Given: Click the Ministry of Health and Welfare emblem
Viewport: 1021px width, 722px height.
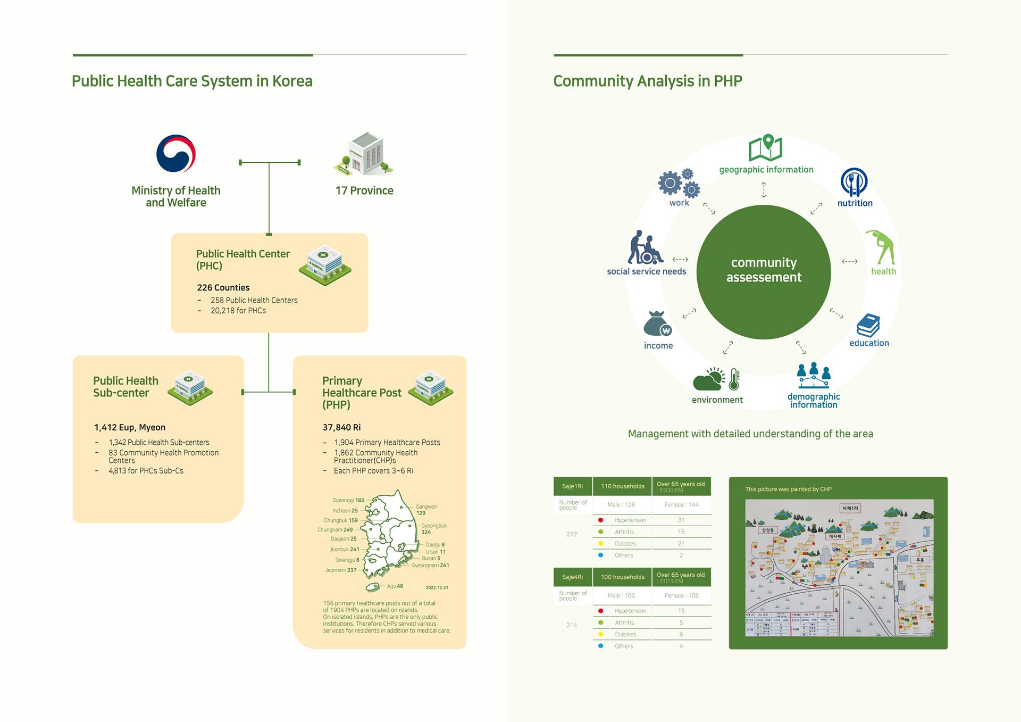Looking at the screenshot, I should click(x=176, y=154).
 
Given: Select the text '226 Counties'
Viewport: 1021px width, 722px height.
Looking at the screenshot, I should click(x=223, y=288).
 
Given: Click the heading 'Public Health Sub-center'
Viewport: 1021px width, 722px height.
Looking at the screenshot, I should click(x=125, y=387).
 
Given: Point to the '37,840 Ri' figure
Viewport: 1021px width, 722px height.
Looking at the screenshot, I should click(x=341, y=427).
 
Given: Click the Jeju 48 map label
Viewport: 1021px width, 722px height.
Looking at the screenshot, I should click(x=395, y=586).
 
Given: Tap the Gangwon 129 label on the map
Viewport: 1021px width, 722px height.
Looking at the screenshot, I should click(x=426, y=510).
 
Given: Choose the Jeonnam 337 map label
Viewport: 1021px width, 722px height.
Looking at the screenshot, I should click(x=341, y=570).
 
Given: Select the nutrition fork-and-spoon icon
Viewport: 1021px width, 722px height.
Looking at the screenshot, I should click(x=854, y=182).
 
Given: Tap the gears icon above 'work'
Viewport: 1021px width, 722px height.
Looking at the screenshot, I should click(x=679, y=184).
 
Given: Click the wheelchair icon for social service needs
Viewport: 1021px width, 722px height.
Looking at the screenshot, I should click(x=646, y=248).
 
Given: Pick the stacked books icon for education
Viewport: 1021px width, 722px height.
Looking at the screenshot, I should click(x=868, y=325).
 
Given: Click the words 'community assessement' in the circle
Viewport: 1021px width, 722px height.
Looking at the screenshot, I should click(x=764, y=270).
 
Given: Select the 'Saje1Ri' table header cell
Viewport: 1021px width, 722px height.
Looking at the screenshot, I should click(x=572, y=486).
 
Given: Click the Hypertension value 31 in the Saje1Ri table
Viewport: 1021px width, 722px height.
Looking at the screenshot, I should click(x=681, y=520).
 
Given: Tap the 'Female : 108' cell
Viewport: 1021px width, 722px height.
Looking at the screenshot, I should click(x=681, y=596).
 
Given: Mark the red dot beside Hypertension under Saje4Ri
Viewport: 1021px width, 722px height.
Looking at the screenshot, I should click(x=600, y=611).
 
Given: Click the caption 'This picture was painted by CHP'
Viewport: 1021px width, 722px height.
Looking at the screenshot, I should click(x=788, y=489).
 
